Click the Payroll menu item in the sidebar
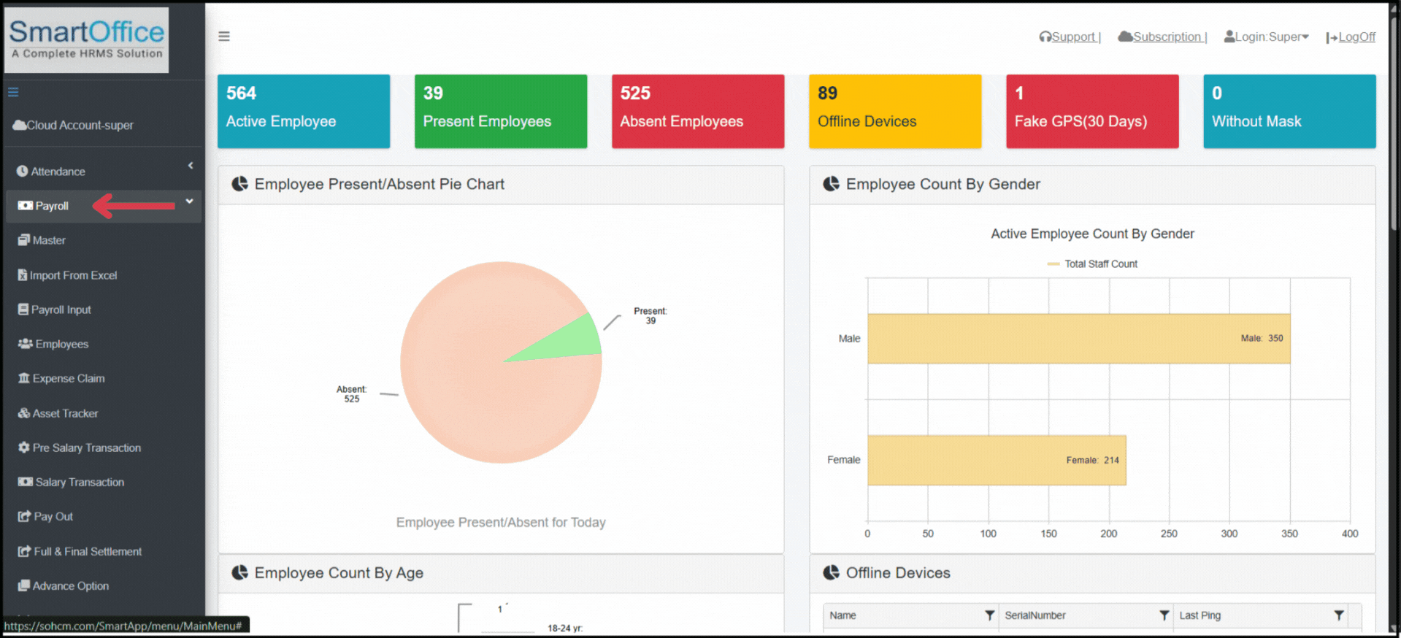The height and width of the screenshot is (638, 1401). [x=52, y=206]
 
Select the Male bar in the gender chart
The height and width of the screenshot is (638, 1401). [x=1078, y=339]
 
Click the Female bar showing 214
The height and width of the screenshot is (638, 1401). [x=997, y=460]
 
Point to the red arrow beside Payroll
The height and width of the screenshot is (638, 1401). [x=135, y=206]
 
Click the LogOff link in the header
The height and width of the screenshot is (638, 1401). [x=1356, y=37]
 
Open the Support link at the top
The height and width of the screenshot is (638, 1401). [x=1072, y=37]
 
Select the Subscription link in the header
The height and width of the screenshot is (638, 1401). [x=1166, y=37]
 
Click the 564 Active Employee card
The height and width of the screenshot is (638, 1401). [x=304, y=111]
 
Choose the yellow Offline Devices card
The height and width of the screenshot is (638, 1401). [x=895, y=111]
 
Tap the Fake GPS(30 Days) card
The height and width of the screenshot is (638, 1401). [x=1092, y=111]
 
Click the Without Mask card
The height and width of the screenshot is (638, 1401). [x=1289, y=111]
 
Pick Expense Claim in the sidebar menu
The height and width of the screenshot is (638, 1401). [x=68, y=378]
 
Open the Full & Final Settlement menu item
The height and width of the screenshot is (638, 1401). [x=88, y=551]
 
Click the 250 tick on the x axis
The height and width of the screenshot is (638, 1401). [x=1169, y=534]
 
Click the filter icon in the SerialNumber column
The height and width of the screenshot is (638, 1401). [x=1164, y=615]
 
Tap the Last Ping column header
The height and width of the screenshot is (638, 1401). [x=1200, y=615]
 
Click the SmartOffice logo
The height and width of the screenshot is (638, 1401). [x=87, y=39]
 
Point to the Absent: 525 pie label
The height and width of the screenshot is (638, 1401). [x=352, y=394]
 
